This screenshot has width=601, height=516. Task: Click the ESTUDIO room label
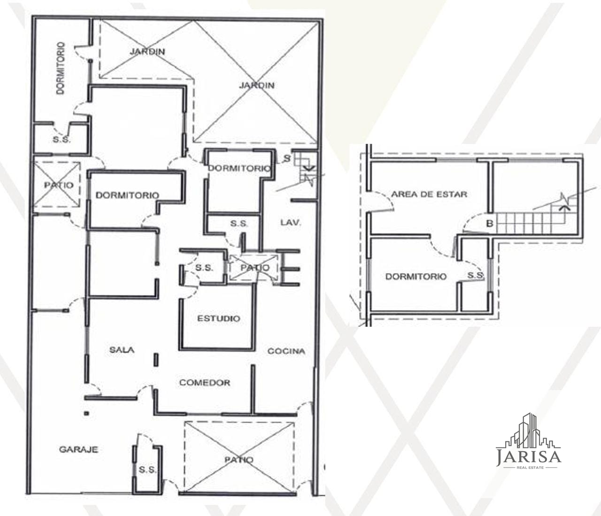click(x=219, y=318)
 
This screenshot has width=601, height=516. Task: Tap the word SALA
click(x=122, y=350)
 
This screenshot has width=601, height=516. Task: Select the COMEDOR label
click(x=204, y=383)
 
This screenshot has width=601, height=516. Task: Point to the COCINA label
click(x=286, y=351)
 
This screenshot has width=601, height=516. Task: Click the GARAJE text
click(x=78, y=449)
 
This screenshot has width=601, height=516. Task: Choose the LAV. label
click(x=291, y=223)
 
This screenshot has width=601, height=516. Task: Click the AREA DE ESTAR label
click(x=429, y=194)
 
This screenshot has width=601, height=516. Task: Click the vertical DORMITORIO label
click(x=61, y=68)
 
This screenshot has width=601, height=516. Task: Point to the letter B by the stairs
click(x=490, y=223)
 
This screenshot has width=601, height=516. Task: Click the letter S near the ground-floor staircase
click(x=287, y=158)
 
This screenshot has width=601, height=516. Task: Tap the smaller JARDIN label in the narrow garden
click(x=147, y=52)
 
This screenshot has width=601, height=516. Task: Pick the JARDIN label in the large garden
click(x=257, y=85)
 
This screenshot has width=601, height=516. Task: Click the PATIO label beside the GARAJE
click(x=239, y=460)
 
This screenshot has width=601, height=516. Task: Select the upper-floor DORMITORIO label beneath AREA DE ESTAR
click(x=416, y=276)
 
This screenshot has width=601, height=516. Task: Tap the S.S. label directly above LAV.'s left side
click(x=239, y=223)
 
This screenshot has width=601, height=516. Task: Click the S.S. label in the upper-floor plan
click(x=475, y=275)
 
